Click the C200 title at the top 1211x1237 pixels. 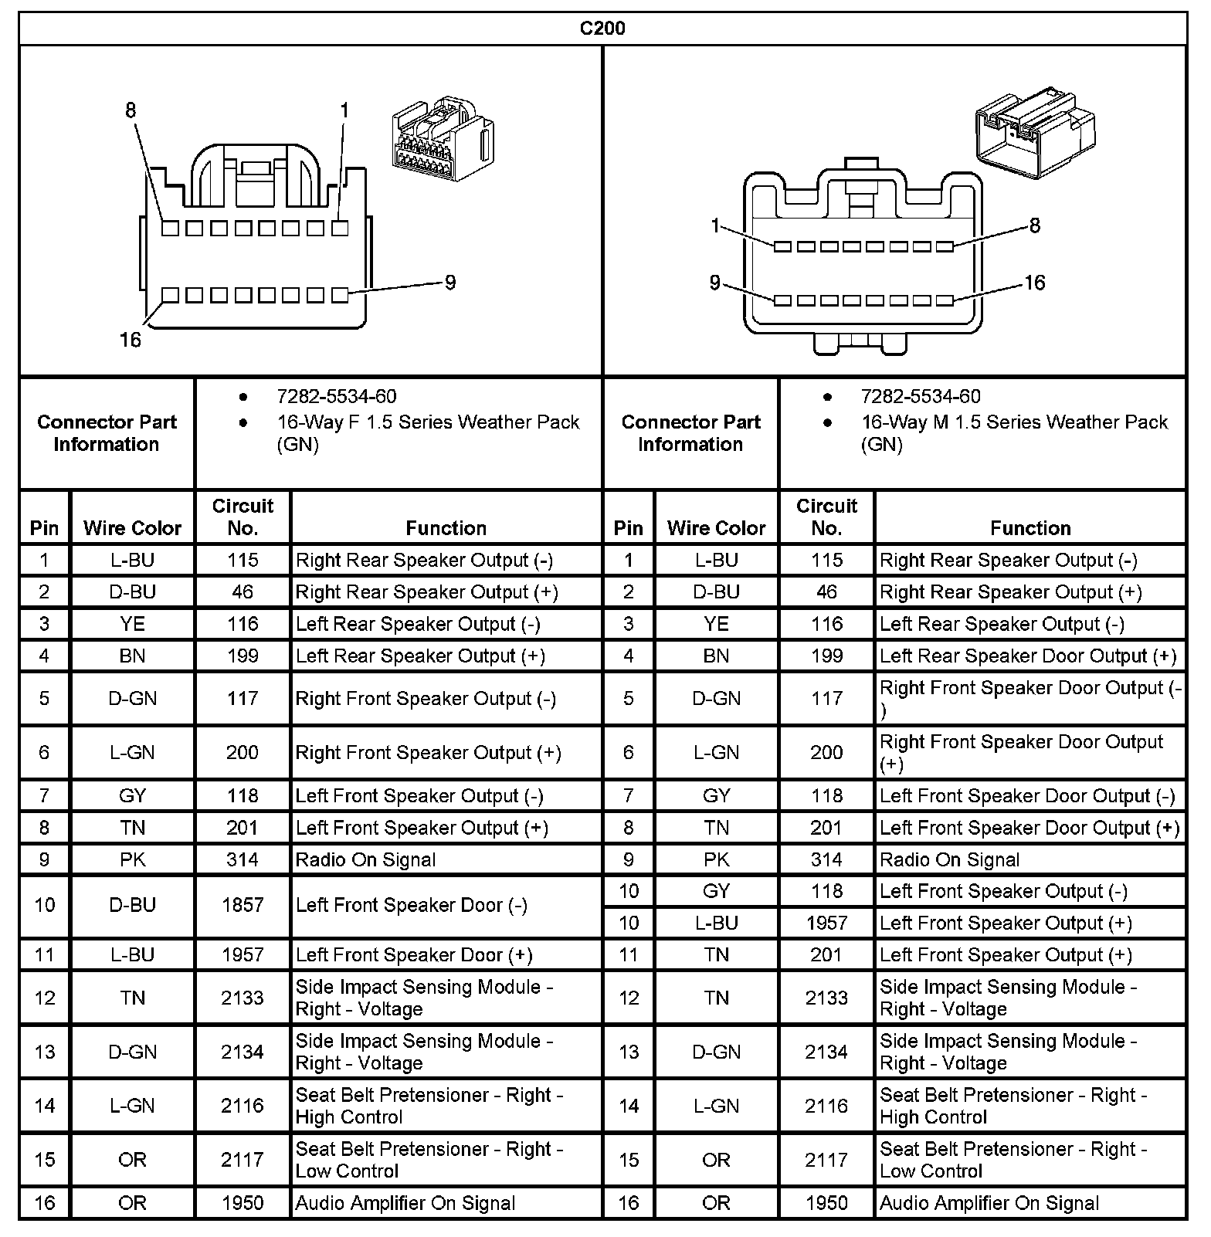(602, 29)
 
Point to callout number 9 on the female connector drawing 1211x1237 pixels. (450, 283)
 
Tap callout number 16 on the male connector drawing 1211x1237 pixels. (1034, 283)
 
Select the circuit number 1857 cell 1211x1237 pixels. (243, 905)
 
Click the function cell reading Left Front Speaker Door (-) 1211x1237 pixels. (412, 905)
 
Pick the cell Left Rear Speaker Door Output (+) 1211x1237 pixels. (1027, 656)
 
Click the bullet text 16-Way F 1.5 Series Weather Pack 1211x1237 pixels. (428, 422)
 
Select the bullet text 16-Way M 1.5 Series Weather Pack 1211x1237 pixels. (1014, 422)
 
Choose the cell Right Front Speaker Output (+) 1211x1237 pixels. (428, 753)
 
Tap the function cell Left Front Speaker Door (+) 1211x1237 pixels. (414, 955)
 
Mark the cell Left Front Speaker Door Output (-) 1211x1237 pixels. (1027, 796)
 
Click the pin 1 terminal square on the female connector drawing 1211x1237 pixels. (340, 229)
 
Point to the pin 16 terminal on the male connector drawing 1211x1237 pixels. (945, 300)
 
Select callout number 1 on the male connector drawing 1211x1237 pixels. (715, 225)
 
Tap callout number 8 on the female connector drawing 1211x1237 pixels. (131, 110)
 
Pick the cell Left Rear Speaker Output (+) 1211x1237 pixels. (420, 656)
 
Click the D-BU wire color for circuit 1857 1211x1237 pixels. (132, 905)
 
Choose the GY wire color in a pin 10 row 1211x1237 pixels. (716, 892)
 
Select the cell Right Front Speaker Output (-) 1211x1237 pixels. (426, 699)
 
